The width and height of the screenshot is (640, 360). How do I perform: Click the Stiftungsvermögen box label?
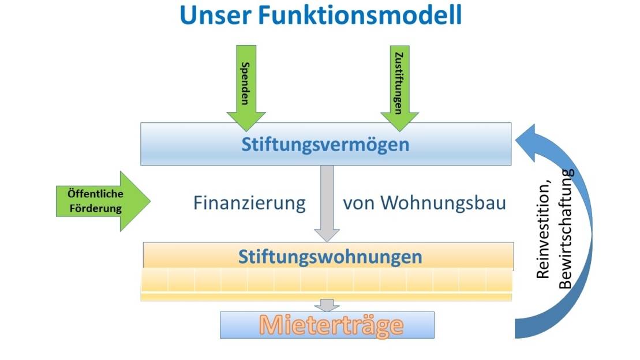pos(325,144)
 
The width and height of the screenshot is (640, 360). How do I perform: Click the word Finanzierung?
pos(249,203)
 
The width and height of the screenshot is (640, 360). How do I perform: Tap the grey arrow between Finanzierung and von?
pos(327,202)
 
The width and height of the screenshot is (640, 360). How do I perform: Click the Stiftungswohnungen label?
pos(330,256)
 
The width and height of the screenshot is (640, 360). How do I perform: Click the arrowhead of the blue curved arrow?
pos(526,139)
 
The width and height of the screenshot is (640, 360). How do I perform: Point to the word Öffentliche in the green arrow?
pos(96,194)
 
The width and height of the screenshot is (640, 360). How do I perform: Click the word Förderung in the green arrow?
pos(96,208)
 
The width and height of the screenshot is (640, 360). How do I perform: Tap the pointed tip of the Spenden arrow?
pos(246,128)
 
